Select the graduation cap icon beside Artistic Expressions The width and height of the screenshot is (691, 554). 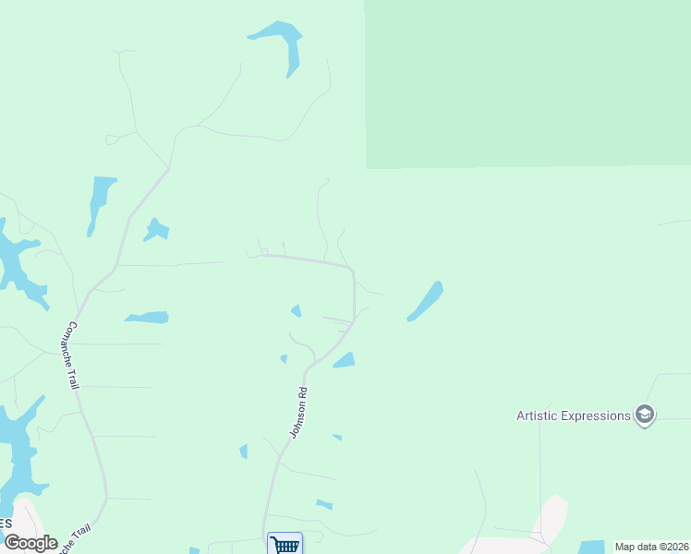[x=645, y=415]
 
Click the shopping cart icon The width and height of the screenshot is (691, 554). [x=285, y=544]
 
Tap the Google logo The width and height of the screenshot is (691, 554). [x=30, y=543]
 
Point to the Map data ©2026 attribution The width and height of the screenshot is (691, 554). [x=651, y=547]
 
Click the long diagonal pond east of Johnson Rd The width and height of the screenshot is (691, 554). [x=425, y=302]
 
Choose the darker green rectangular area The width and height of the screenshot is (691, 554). [x=527, y=83]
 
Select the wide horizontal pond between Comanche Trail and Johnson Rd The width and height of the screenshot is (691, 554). [x=147, y=318]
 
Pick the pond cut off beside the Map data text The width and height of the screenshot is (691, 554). [x=591, y=547]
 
